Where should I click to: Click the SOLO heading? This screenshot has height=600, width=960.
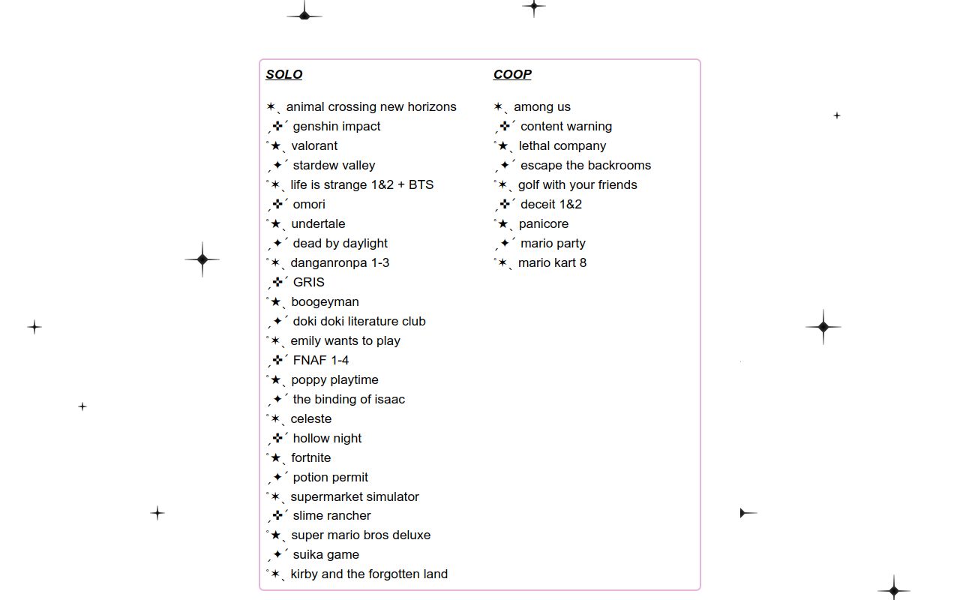pos(283,74)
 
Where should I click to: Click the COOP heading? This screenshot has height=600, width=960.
pos(512,74)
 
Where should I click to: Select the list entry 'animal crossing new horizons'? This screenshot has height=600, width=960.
pos(370,106)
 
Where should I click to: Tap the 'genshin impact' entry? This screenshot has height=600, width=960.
pos(336,126)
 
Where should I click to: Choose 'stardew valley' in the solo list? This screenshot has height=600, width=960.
pos(334,165)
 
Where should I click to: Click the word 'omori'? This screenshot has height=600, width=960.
pos(309,204)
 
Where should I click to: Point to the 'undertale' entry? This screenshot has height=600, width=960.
pos(318,223)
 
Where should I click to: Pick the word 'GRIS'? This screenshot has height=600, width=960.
pos(308,282)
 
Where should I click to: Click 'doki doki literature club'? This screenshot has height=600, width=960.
pos(358,321)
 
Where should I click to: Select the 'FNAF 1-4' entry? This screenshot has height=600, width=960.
pos(320,360)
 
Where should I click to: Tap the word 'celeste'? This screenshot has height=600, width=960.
pos(310,418)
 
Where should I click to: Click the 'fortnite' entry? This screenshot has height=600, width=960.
pos(310,457)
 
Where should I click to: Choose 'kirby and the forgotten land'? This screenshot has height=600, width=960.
pos(368,574)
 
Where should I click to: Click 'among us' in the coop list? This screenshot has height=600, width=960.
pos(541,106)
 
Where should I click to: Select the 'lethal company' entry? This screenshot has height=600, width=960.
pos(562,145)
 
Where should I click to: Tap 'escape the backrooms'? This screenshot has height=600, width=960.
pos(585,165)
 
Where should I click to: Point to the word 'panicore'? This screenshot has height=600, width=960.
pos(543,223)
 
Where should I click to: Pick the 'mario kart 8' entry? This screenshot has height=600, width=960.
pos(552,262)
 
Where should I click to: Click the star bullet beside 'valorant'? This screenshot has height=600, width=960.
pos(276,145)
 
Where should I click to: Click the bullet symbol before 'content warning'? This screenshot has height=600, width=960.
pos(505,126)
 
